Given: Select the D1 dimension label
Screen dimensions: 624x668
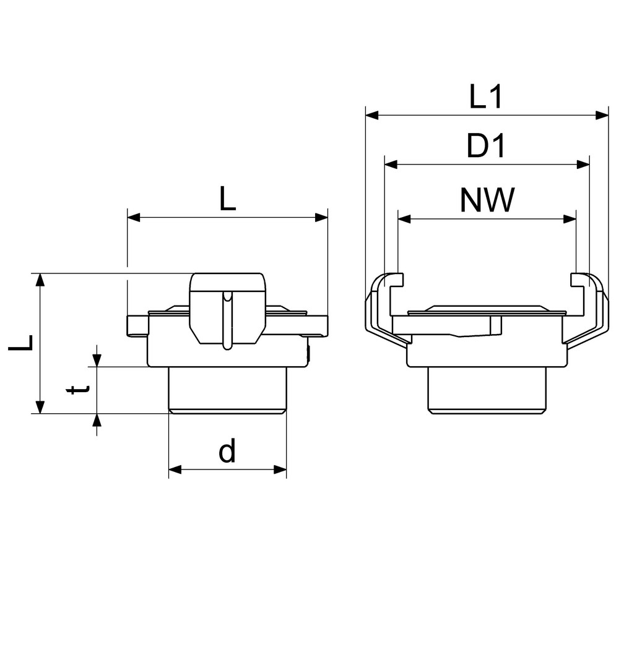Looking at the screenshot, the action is pos(486,146).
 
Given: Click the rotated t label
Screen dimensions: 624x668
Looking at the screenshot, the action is pos(78,389).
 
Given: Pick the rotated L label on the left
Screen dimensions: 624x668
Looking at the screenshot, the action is pos(20,343).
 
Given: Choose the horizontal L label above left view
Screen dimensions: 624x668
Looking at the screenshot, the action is pos(227,199).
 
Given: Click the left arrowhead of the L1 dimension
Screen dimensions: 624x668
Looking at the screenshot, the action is pos(372,115).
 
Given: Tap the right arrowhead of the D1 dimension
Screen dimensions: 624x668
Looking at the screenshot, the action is pos(583,165).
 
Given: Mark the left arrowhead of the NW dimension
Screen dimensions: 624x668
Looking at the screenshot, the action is pos(404,219).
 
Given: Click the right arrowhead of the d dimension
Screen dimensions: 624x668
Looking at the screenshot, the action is pos(280,469).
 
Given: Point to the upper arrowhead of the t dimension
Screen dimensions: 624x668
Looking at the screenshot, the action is pos(97,360).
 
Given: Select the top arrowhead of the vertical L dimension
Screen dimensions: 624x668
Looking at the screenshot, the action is pos(40,280).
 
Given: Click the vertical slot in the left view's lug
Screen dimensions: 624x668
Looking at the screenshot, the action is pos(228,320).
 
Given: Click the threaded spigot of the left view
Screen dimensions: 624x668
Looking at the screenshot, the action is pos(227,390).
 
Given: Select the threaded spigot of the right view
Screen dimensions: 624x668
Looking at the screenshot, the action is pos(487,390).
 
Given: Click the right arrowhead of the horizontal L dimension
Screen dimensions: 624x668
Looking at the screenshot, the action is pos(321,218).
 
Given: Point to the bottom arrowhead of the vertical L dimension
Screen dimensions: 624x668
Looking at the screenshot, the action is pos(40,407).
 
